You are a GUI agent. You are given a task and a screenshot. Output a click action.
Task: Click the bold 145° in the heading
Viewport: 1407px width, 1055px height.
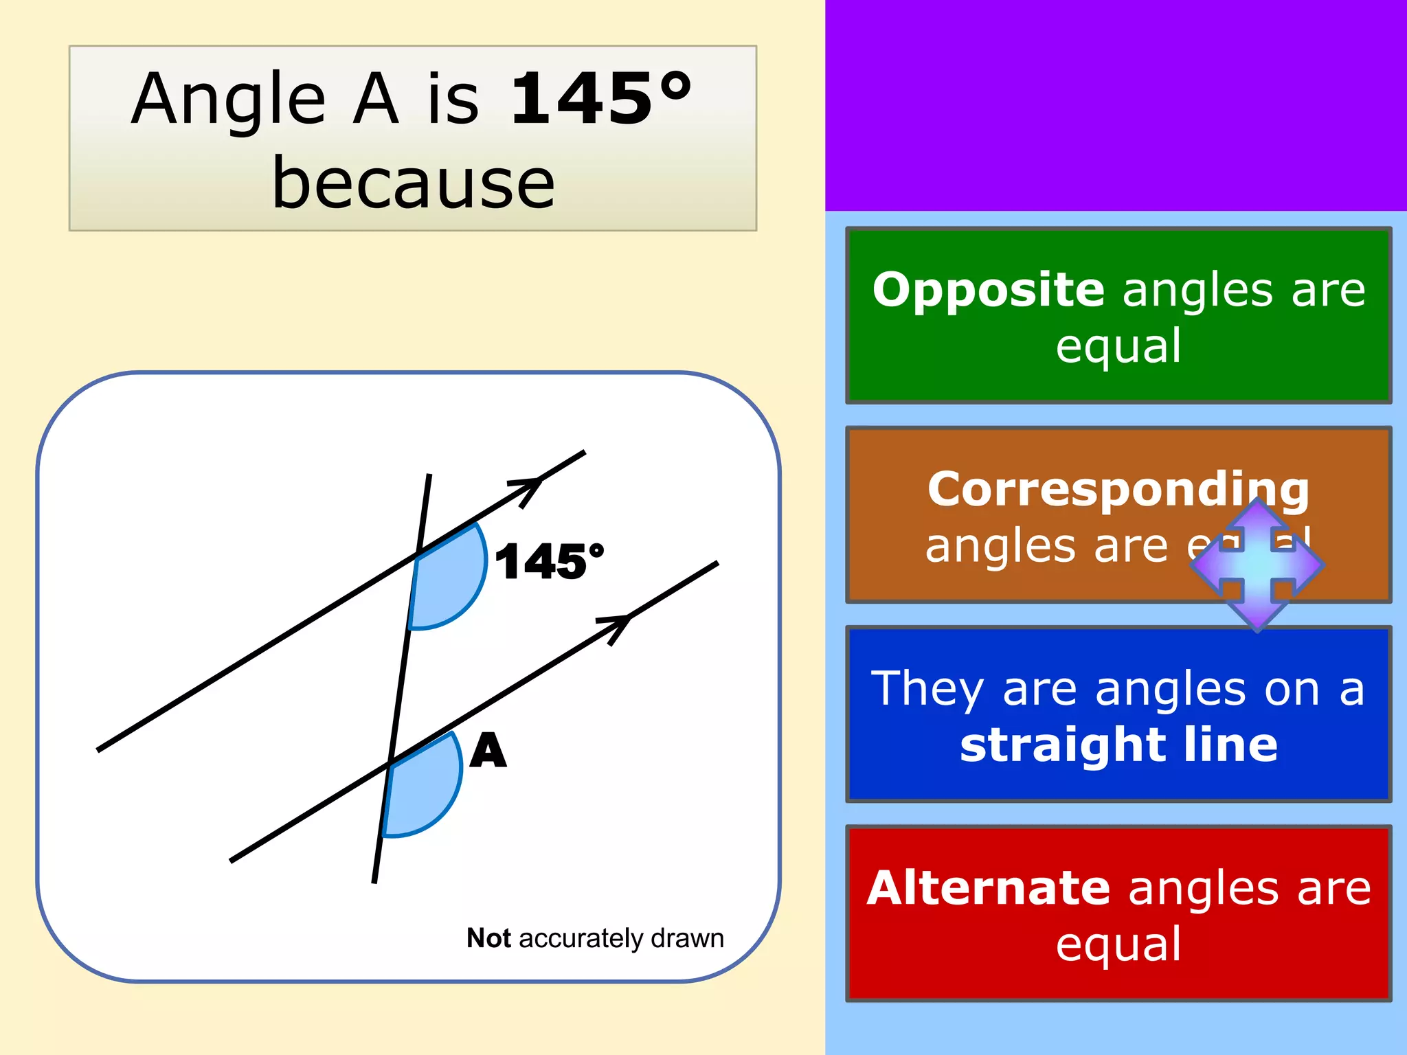click(600, 100)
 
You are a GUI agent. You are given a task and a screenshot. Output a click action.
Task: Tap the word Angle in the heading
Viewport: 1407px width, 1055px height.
click(228, 100)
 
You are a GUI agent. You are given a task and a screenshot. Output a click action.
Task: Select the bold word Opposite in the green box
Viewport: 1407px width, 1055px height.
click(988, 289)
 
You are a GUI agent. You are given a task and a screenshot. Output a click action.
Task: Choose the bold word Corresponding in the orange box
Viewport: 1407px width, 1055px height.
click(1118, 489)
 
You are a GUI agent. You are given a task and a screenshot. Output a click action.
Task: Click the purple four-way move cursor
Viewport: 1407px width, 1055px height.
click(1257, 565)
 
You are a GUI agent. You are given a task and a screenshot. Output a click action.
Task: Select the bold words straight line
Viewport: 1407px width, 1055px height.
click(1118, 745)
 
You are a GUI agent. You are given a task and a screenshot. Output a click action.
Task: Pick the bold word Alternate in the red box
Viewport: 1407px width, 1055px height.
click(988, 888)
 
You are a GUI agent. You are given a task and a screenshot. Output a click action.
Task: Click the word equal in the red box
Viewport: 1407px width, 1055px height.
click(1118, 944)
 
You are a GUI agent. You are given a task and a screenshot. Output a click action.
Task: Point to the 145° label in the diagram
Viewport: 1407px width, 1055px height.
click(549, 562)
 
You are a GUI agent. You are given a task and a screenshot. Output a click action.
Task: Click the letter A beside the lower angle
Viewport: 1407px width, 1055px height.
click(488, 750)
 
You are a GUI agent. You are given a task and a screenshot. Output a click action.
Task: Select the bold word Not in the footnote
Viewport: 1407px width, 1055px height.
click(488, 938)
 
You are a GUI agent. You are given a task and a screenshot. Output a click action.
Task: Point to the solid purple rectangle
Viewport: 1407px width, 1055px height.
click(1116, 104)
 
